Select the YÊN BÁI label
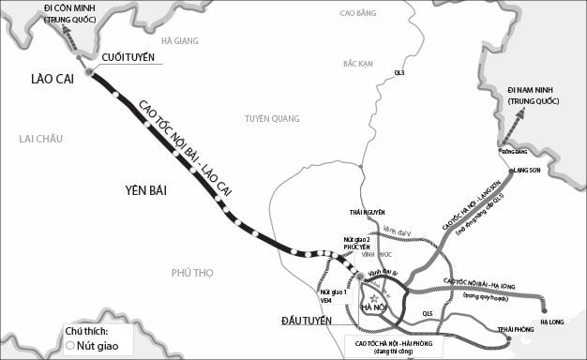click(143, 190)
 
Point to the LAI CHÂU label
click(40, 139)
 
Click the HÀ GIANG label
click(179, 41)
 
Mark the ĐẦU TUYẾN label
click(309, 322)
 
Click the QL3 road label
click(399, 71)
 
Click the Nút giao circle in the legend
click(71, 346)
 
